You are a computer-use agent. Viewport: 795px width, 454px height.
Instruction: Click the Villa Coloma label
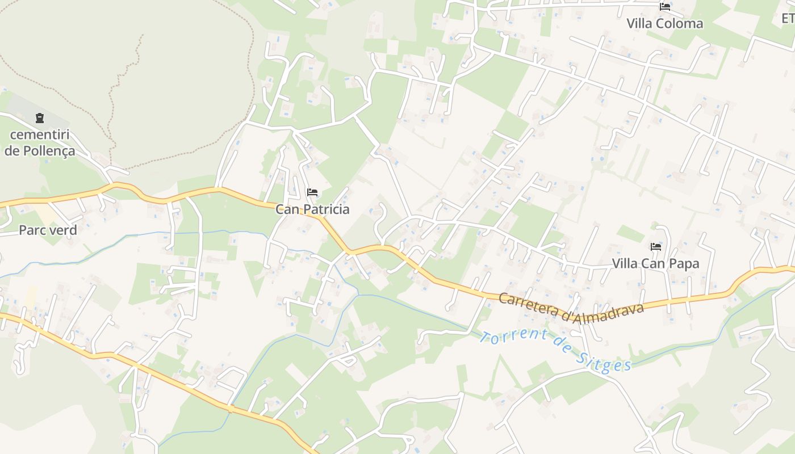tap(664, 23)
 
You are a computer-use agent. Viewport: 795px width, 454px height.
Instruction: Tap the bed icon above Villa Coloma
tap(664, 7)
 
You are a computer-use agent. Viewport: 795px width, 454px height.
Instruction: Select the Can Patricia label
tap(312, 209)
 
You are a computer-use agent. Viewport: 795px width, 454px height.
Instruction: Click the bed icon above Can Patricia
tap(312, 192)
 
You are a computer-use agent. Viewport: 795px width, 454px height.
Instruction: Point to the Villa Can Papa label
tap(655, 263)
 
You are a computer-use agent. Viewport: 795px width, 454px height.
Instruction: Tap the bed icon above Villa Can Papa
tap(655, 247)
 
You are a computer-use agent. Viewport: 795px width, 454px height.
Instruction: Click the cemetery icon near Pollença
tap(39, 118)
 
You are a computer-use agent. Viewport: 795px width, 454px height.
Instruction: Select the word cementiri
tap(40, 135)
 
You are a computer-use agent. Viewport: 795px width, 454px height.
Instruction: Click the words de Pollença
tap(40, 151)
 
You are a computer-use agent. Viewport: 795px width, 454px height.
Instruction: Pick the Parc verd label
tap(48, 230)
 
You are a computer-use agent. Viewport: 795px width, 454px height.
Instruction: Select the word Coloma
tap(680, 23)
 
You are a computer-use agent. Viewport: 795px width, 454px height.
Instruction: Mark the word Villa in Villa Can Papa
tap(625, 263)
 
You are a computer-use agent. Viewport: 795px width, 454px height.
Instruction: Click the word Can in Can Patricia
tap(287, 209)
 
